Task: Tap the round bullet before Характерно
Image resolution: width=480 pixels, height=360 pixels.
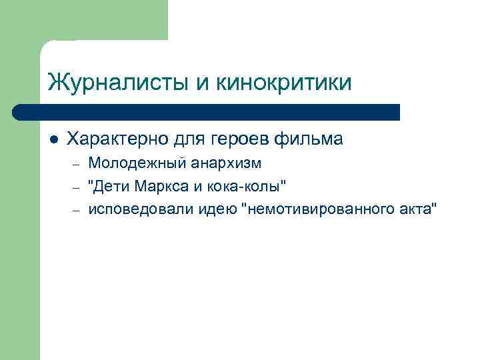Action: pos(53,140)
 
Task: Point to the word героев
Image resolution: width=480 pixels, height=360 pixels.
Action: pos(236,139)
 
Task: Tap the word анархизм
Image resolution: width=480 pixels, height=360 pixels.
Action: pos(226,163)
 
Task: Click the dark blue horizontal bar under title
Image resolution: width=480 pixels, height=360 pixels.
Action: pos(207,111)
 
